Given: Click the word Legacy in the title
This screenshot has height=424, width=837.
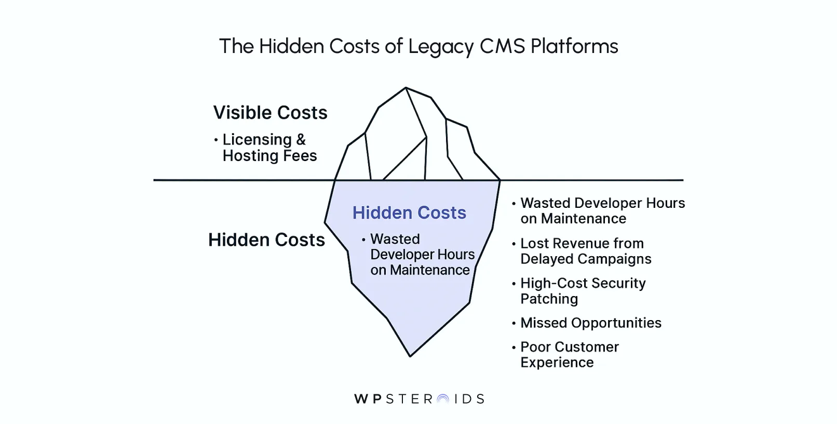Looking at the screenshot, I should tap(441, 47).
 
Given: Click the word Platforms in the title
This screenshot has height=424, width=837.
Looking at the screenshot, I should tap(574, 47).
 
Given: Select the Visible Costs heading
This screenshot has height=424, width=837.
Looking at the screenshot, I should tap(270, 113).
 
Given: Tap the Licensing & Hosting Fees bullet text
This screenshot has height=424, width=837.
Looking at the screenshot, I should tap(269, 148).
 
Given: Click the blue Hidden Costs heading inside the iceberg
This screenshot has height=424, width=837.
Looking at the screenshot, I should tap(409, 213).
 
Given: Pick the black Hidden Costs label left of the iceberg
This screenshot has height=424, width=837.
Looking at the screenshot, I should tap(266, 240).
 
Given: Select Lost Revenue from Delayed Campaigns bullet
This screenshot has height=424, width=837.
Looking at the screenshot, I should tap(585, 251).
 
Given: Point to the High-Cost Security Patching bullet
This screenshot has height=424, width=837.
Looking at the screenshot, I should tap(583, 291).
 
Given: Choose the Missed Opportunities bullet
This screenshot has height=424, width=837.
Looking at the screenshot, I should tap(590, 323).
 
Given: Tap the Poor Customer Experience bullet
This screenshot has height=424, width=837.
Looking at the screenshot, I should tap(569, 354).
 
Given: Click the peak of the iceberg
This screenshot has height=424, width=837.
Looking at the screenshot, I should tap(406, 88).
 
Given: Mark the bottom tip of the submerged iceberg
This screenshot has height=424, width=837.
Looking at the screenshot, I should tap(410, 355).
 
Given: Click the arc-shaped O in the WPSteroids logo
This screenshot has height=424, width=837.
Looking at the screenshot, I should tap(443, 399).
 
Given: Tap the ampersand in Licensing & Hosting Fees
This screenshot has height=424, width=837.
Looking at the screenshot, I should tap(301, 140).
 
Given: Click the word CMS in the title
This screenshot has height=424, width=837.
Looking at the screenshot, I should tap(502, 47).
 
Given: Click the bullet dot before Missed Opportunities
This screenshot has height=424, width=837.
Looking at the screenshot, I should tap(514, 323).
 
